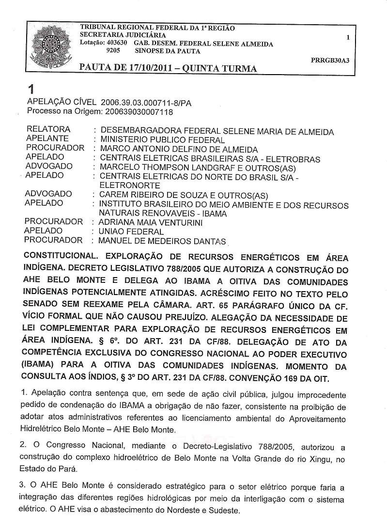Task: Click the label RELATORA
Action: click(48, 129)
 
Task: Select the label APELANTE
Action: click(47, 139)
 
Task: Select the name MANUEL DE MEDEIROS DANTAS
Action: click(162, 241)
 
